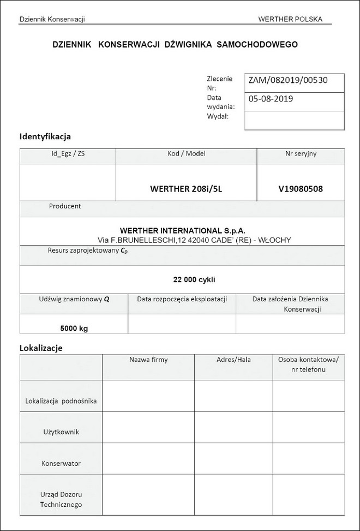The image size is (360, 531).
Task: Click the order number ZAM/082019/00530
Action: pyautogui.click(x=287, y=80)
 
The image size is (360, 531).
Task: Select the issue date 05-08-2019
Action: pyautogui.click(x=271, y=99)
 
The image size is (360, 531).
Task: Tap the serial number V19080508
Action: pyautogui.click(x=300, y=189)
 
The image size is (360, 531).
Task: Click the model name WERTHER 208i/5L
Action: pyautogui.click(x=187, y=189)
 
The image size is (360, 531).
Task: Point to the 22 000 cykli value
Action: pyautogui.click(x=194, y=279)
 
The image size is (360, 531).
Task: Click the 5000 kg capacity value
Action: pyautogui.click(x=74, y=328)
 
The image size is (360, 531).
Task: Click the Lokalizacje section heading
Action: pyautogui.click(x=41, y=347)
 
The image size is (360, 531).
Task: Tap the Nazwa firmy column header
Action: pyautogui.click(x=148, y=360)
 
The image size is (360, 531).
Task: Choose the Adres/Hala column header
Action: pyautogui.click(x=233, y=360)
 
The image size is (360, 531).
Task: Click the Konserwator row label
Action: pyautogui.click(x=61, y=463)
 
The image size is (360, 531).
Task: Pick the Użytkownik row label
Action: pyautogui.click(x=61, y=432)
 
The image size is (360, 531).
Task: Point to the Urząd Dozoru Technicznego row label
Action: pyautogui.click(x=61, y=500)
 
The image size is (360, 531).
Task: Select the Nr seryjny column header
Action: pyautogui.click(x=301, y=154)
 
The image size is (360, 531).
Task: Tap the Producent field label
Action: pyautogui.click(x=65, y=206)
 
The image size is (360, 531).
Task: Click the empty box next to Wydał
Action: pyautogui.click(x=294, y=120)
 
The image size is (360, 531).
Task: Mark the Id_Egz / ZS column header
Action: pyautogui.click(x=68, y=154)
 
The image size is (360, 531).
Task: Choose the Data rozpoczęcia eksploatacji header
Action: pyautogui.click(x=182, y=299)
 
